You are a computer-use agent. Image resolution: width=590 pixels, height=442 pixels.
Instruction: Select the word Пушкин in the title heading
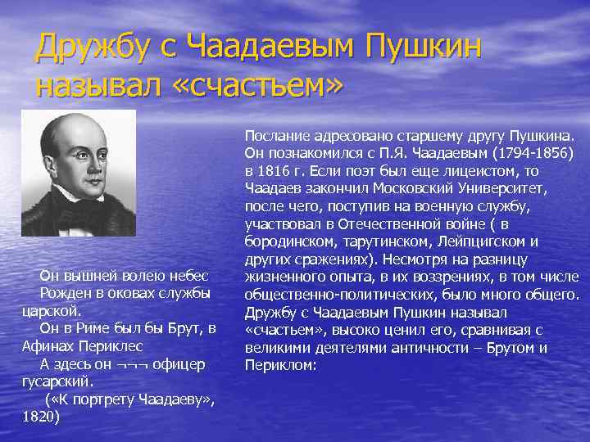click(x=419, y=48)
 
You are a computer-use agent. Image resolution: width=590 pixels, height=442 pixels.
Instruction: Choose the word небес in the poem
click(x=191, y=275)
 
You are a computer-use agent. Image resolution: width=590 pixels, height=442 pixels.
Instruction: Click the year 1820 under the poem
click(x=42, y=417)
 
